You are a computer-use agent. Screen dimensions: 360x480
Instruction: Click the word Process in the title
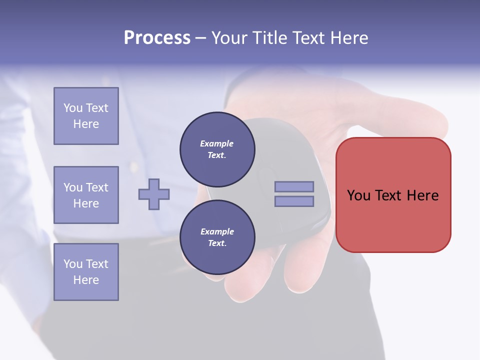coord(157,38)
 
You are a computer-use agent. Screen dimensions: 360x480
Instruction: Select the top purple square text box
coord(86,116)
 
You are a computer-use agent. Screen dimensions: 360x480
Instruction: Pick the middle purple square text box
coord(86,195)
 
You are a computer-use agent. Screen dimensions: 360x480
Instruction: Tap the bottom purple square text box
coord(86,272)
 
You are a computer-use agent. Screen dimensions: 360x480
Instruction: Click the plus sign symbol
coord(154,194)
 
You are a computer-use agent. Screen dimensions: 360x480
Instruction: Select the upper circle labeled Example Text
coord(217,149)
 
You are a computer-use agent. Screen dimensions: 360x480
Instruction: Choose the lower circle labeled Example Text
coord(217,237)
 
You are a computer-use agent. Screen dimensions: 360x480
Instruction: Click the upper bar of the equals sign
coord(294,186)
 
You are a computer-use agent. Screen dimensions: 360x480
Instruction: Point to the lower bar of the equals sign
coord(294,201)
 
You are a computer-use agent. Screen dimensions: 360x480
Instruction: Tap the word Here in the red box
coord(422,195)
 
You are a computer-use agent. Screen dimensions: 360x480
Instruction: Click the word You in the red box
coord(359,195)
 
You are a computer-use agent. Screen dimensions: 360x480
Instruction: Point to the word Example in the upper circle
coord(217,143)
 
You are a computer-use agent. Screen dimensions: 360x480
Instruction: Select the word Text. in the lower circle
coord(217,243)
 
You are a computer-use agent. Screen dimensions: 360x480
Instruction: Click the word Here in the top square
coord(86,124)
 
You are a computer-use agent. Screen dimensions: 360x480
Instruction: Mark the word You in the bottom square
coord(73,264)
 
